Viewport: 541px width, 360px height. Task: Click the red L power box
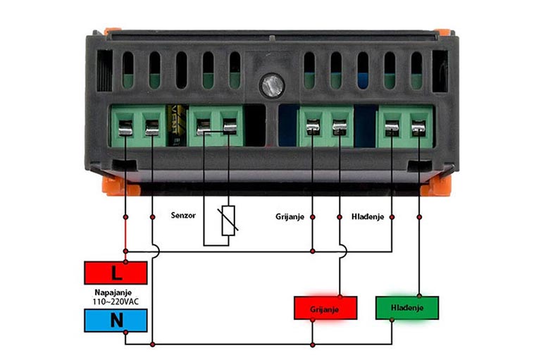[x=116, y=273]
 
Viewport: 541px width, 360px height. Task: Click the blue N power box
[x=116, y=321]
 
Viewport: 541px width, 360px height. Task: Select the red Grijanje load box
[x=325, y=308]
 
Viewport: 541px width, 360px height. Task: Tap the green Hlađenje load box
[x=407, y=308]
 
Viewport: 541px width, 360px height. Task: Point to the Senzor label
[x=183, y=216]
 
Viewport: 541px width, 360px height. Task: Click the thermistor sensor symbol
[x=228, y=221]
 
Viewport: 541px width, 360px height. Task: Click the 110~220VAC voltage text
[x=116, y=302]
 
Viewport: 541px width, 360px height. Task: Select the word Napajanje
[x=113, y=292]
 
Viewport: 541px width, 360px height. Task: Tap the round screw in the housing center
[x=273, y=85]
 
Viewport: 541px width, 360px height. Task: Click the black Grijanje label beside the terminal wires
[x=290, y=217]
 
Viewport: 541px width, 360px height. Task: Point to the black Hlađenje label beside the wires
[x=368, y=217]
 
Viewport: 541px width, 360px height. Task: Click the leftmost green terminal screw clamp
[x=125, y=128]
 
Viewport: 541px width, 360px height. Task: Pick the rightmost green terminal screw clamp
[x=418, y=128]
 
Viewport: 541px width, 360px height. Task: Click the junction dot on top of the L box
[x=125, y=261]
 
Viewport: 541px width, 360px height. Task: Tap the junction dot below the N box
[x=125, y=333]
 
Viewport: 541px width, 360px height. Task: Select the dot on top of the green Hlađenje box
[x=419, y=296]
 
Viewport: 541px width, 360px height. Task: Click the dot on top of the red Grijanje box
[x=340, y=296]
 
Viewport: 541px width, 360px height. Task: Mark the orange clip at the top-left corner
[x=113, y=31]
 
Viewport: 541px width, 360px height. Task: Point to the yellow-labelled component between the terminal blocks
[x=177, y=125]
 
